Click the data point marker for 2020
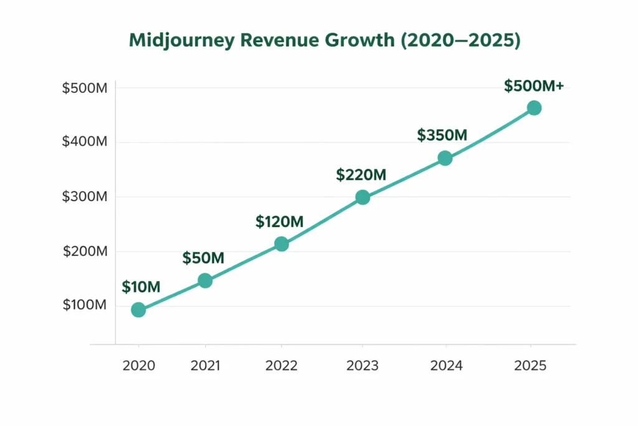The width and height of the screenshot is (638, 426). coord(138,310)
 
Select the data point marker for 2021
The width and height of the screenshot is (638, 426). coord(205,281)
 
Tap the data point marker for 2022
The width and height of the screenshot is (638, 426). coord(282,244)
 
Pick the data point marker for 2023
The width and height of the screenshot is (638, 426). coord(363,197)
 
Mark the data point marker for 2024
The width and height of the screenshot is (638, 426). coord(445,158)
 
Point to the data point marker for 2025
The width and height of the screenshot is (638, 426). coord(534,108)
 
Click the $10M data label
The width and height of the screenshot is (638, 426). coord(141,288)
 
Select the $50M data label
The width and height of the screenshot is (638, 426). coord(203,258)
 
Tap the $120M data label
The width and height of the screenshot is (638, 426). coord(279,221)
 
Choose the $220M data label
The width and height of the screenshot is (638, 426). coord(361,175)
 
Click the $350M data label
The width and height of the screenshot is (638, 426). coord(442,135)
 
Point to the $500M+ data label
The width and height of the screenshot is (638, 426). coord(534,85)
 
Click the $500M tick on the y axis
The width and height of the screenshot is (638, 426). coord(85,88)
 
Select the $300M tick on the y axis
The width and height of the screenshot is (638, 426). coord(85,197)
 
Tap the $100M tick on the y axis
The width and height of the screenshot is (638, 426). coord(85,306)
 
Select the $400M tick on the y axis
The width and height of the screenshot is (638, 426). coord(85,142)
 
